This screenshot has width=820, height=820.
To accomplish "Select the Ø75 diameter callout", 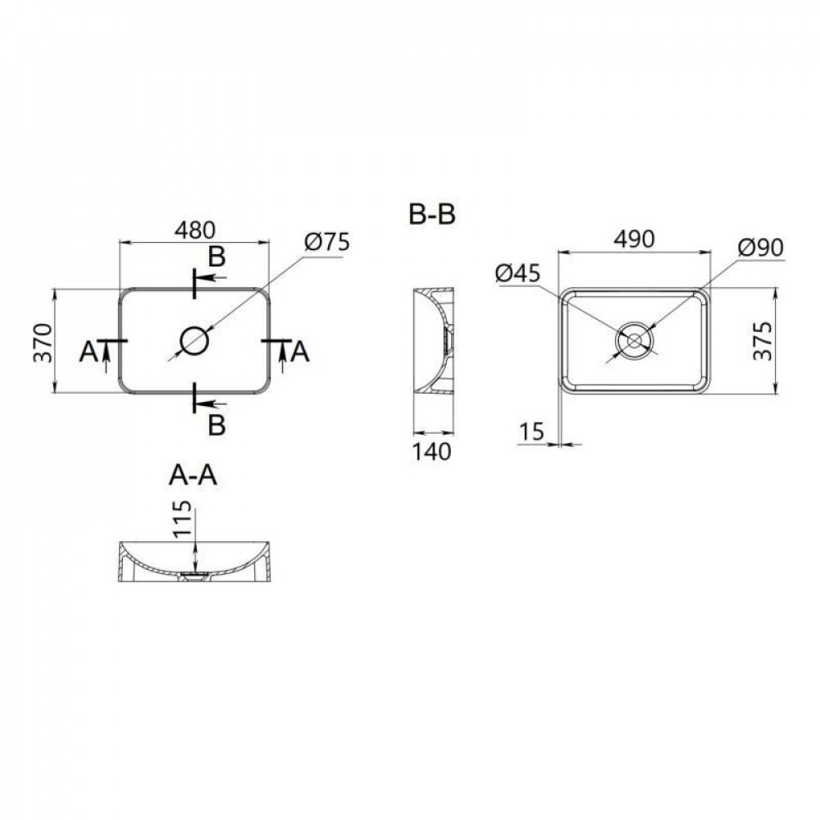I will click(x=326, y=242).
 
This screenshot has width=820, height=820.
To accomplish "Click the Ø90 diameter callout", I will click(x=760, y=246).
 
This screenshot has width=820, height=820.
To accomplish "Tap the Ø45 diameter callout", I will click(x=518, y=274).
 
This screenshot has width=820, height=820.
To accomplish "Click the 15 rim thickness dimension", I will click(x=532, y=430).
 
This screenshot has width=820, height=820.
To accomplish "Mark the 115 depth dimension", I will click(x=183, y=520).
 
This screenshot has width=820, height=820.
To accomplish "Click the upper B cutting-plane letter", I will click(x=216, y=257).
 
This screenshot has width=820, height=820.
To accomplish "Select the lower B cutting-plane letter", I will click(x=216, y=424).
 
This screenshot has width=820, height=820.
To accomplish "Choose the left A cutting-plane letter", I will click(x=88, y=352).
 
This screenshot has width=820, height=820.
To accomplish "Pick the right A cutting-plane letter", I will click(x=301, y=352).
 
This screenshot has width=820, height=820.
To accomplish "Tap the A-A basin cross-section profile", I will click(x=194, y=563).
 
